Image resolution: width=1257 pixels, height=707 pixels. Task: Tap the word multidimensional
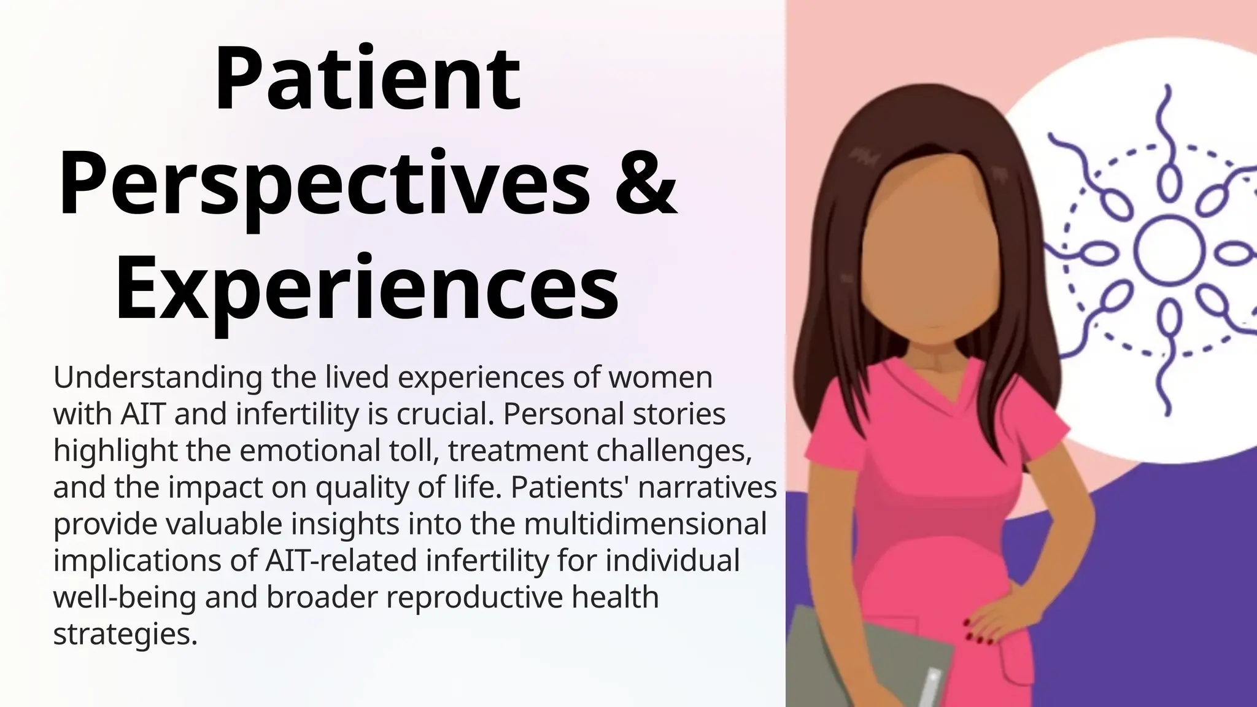click(646, 524)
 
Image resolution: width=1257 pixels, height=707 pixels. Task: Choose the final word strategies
click(125, 634)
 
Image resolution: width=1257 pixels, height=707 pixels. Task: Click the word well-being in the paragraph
click(125, 597)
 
